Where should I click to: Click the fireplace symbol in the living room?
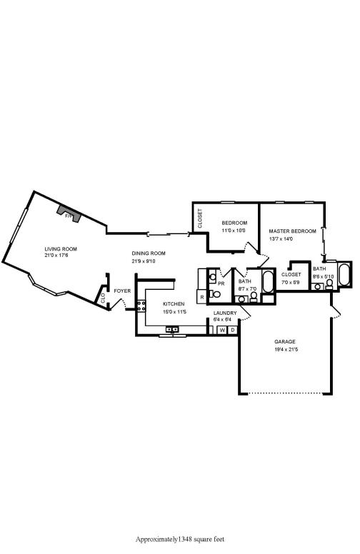click(69, 213)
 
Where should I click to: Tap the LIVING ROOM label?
click(61, 248)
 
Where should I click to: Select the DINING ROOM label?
click(149, 253)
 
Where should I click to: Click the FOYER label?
click(122, 291)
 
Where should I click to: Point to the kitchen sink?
click(172, 329)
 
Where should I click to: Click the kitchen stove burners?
click(141, 308)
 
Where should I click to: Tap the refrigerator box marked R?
click(202, 296)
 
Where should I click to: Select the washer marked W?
click(222, 331)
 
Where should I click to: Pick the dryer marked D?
click(232, 331)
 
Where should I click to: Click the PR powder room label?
click(221, 283)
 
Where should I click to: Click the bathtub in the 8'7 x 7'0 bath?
click(268, 283)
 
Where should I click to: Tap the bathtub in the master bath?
click(344, 274)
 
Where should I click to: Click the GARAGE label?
click(285, 342)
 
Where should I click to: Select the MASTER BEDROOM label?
click(292, 231)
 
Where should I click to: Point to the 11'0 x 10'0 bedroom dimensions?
click(234, 231)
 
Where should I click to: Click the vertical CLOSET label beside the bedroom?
click(200, 218)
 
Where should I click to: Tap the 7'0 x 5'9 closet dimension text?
click(291, 283)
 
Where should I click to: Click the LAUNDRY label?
click(225, 313)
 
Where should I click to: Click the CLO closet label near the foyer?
click(103, 298)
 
